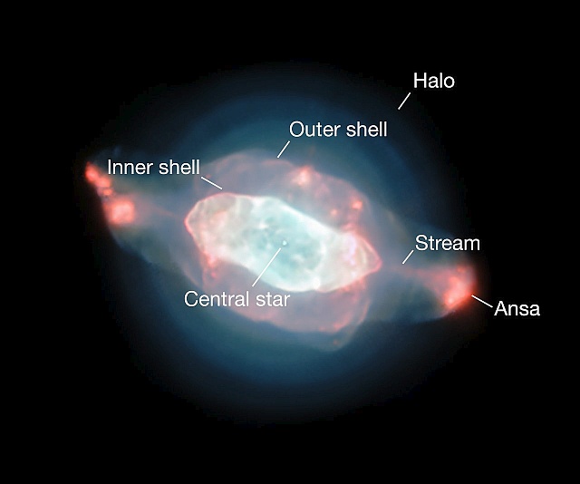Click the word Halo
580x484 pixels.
tap(433, 81)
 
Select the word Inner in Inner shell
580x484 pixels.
tap(130, 168)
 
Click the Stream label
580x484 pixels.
tap(447, 243)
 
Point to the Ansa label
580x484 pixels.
tap(517, 308)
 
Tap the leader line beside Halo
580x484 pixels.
tap(404, 101)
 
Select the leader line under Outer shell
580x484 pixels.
tap(284, 150)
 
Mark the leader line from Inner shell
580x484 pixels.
tap(212, 183)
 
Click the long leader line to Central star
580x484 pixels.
tap(266, 266)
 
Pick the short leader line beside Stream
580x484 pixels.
tap(408, 257)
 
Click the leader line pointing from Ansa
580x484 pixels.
tap(482, 301)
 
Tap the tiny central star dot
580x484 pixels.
tap(285, 243)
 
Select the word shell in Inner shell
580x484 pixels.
tap(179, 168)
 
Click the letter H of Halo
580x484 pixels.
tap(419, 81)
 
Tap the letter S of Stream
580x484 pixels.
tap(420, 243)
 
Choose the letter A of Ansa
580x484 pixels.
tap(501, 308)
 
